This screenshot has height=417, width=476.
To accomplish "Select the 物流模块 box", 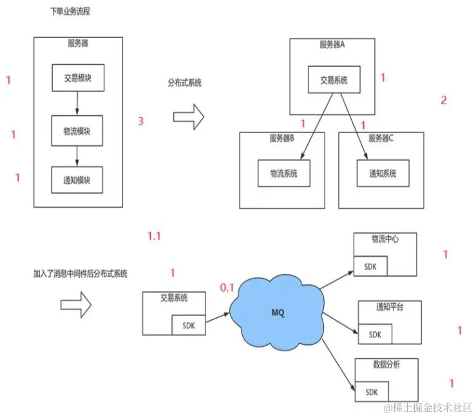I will pos(77,131).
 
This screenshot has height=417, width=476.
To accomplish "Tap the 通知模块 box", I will pos(77,180).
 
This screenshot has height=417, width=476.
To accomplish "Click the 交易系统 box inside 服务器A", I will pos(334,80).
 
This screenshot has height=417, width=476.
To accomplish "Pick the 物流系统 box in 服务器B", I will pos(283,174).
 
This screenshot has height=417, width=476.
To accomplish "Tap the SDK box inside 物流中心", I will pos(370,266).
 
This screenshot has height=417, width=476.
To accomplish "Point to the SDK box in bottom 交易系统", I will pos(189,326).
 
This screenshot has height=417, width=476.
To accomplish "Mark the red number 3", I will pos(141,121).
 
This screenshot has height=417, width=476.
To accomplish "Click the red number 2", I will pos(443,100).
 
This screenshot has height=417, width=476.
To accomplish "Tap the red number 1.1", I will pos(154,236).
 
